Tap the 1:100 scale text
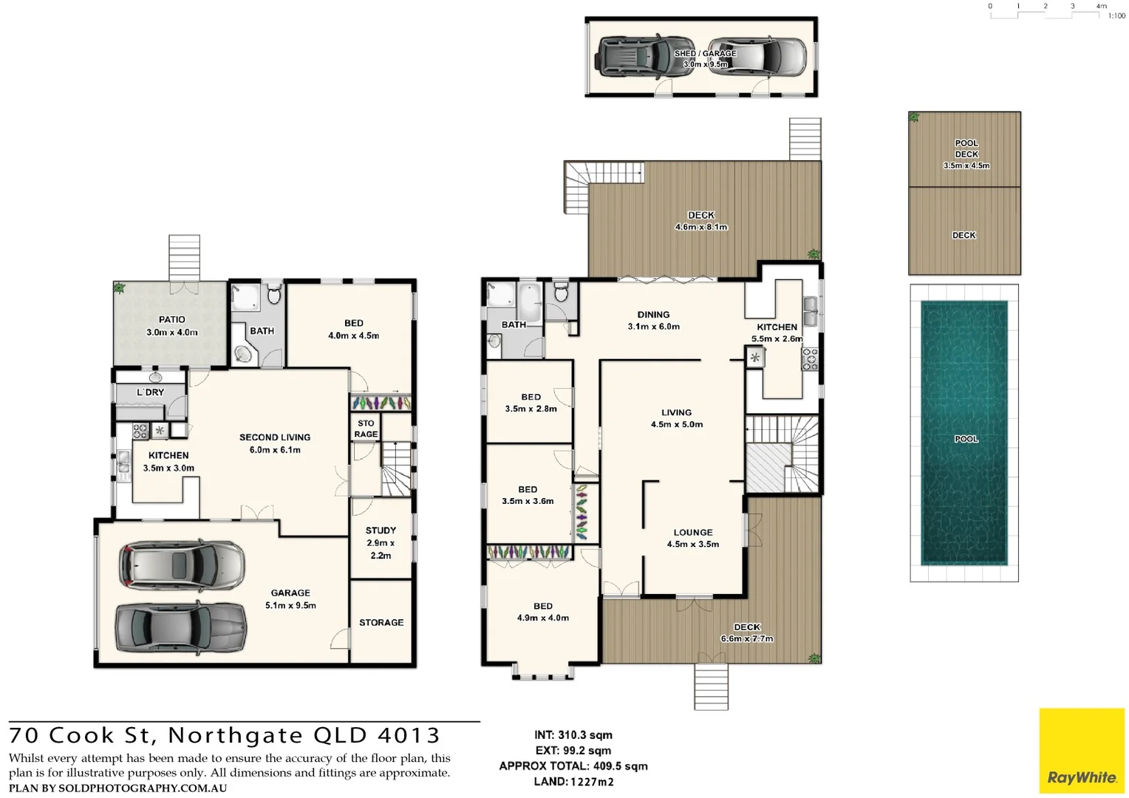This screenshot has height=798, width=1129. coord(1116,16)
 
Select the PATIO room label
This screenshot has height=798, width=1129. coord(171,320)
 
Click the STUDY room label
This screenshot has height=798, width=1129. coord(381,531)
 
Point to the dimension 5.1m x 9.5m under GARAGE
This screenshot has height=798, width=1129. coord(290,605)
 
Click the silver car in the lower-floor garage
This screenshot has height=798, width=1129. coord(182,565)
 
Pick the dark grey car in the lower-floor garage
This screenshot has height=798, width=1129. coord(181,627)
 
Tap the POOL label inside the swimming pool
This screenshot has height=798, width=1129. coord(966,439)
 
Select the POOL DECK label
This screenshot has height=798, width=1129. coord(966,149)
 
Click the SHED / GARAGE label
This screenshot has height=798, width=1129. coord(705,53)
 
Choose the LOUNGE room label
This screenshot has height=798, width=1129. coord(692,532)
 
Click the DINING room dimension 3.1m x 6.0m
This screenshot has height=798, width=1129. coord(653,327)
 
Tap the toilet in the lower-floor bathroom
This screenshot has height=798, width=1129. coord(274,296)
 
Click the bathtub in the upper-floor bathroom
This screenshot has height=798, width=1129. coord(530,302)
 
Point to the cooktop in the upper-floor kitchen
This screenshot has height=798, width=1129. coord(810,359)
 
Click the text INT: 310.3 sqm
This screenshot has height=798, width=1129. coord(573,735)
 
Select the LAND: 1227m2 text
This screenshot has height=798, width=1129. coord(573,782)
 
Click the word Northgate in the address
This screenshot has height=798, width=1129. coord(235,736)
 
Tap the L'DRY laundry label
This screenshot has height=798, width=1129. coord(150,392)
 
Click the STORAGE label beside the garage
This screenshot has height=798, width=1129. coord(381,623)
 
